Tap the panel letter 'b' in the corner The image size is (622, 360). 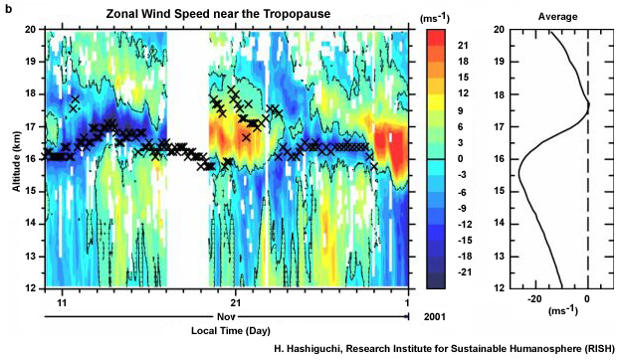(9, 8)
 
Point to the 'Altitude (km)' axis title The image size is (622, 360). (11, 159)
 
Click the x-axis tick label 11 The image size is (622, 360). (63, 301)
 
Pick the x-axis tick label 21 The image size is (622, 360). (236, 301)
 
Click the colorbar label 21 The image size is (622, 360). (463, 47)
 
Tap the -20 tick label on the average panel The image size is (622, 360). (534, 299)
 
